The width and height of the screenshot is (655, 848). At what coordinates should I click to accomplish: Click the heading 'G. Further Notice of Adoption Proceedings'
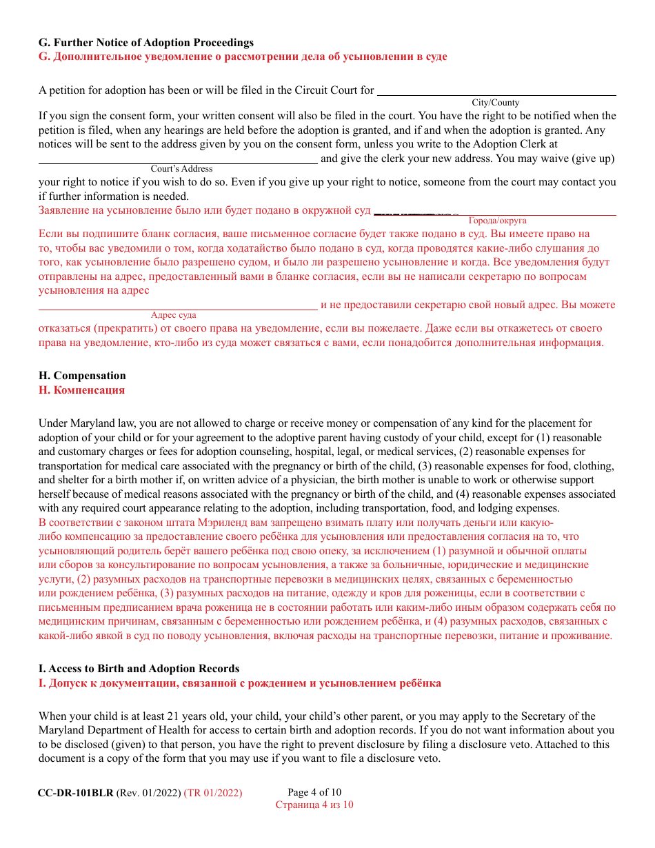pos(145,43)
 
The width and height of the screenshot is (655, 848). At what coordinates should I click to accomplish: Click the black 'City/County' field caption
pos(495,103)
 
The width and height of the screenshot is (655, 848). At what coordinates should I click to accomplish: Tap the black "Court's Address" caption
pos(181,169)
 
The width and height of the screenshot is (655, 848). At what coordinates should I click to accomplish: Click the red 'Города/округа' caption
pos(497,221)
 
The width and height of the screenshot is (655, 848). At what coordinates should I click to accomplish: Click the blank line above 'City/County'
pos(496,94)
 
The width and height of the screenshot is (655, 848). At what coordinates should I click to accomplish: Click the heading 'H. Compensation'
pos(82,376)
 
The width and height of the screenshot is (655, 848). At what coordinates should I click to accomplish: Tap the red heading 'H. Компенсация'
pos(82,390)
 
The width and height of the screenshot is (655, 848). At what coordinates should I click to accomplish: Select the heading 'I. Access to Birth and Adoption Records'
pos(139,669)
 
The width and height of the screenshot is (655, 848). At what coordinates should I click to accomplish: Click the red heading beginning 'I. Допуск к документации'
pos(239,683)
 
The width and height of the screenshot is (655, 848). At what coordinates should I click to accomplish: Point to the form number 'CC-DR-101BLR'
pos(75,793)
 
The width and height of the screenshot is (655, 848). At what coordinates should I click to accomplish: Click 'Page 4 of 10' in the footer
pos(314,792)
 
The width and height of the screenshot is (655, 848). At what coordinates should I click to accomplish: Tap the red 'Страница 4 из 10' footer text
pos(314,805)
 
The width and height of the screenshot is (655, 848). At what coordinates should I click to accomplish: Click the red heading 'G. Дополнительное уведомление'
pos(242,57)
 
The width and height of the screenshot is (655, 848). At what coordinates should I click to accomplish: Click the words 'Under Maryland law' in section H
pos(81,423)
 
